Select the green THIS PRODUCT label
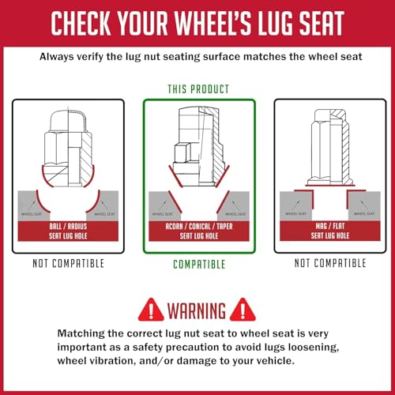[198, 89]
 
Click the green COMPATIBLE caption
[199, 264]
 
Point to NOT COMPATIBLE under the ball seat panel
[68, 263]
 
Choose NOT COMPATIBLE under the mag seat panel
[330, 263]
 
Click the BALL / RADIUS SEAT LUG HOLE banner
[68, 231]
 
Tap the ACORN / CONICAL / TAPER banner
[199, 231]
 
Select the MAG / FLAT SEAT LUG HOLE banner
[330, 231]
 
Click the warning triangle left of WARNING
[151, 310]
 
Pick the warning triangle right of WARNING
[243, 310]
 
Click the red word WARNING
[197, 310]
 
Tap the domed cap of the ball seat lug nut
[68, 121]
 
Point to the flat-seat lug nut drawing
[330, 147]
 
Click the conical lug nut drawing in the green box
[199, 147]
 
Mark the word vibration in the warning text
[111, 360]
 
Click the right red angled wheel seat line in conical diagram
[223, 201]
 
